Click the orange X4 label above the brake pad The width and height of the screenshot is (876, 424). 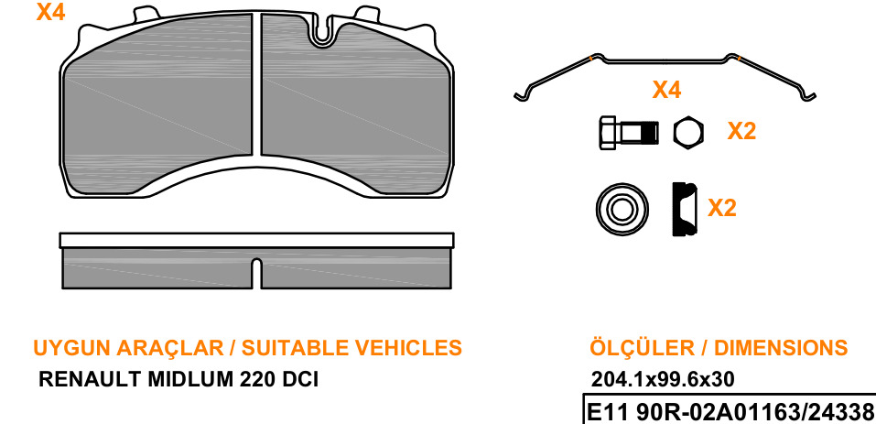click(x=51, y=12)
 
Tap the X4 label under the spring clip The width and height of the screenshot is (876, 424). click(x=667, y=90)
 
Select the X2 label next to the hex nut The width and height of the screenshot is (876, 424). click(x=741, y=131)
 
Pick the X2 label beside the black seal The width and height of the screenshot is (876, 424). click(x=722, y=208)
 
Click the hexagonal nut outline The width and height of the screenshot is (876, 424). click(x=688, y=133)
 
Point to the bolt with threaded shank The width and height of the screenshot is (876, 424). click(x=629, y=133)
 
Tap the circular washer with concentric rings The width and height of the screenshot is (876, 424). click(x=622, y=210)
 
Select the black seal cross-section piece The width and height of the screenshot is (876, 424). click(x=685, y=209)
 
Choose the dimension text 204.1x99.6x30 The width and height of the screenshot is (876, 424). click(x=663, y=380)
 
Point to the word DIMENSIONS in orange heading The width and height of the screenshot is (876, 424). click(x=781, y=347)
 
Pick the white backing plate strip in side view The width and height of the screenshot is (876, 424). click(x=256, y=240)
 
